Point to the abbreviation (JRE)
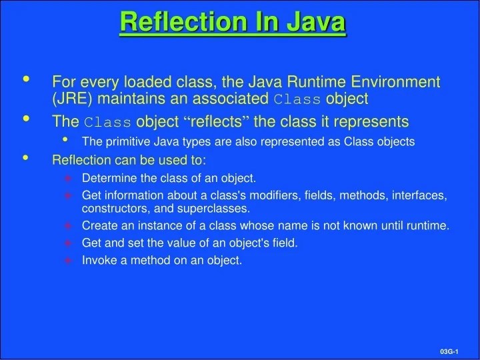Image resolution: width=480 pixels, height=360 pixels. tap(71, 99)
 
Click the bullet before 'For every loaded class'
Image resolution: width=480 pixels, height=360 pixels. tap(27, 80)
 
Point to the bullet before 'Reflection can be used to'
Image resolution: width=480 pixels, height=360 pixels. tap(27, 158)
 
